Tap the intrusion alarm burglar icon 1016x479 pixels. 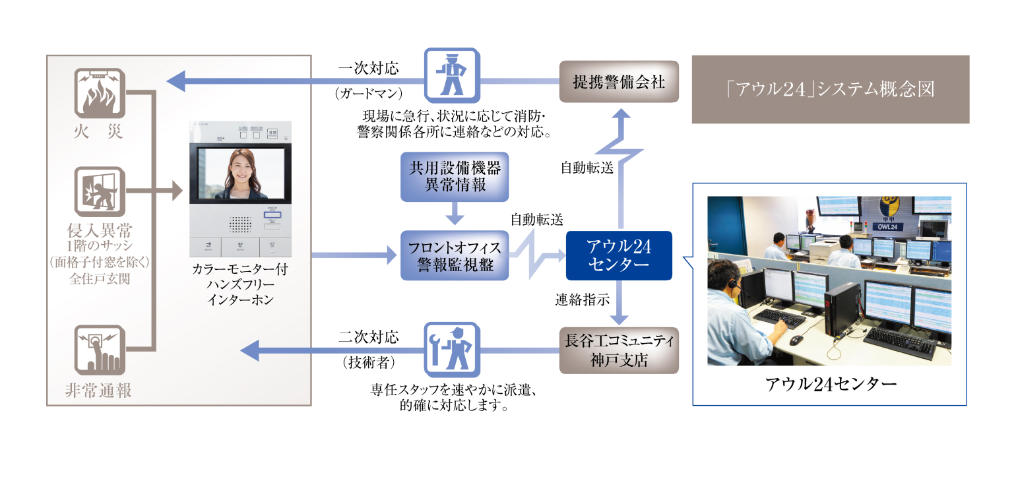coord(100,192)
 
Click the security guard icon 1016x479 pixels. coord(452,73)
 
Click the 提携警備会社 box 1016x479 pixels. coord(618,82)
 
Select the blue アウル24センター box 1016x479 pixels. coord(618,255)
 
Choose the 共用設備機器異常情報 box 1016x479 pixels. coord(455,177)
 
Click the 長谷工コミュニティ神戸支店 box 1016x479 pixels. coord(618,350)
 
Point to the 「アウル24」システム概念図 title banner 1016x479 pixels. coord(830,89)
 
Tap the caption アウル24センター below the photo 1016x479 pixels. coord(830,383)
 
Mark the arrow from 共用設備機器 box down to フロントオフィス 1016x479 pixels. coord(454,214)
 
